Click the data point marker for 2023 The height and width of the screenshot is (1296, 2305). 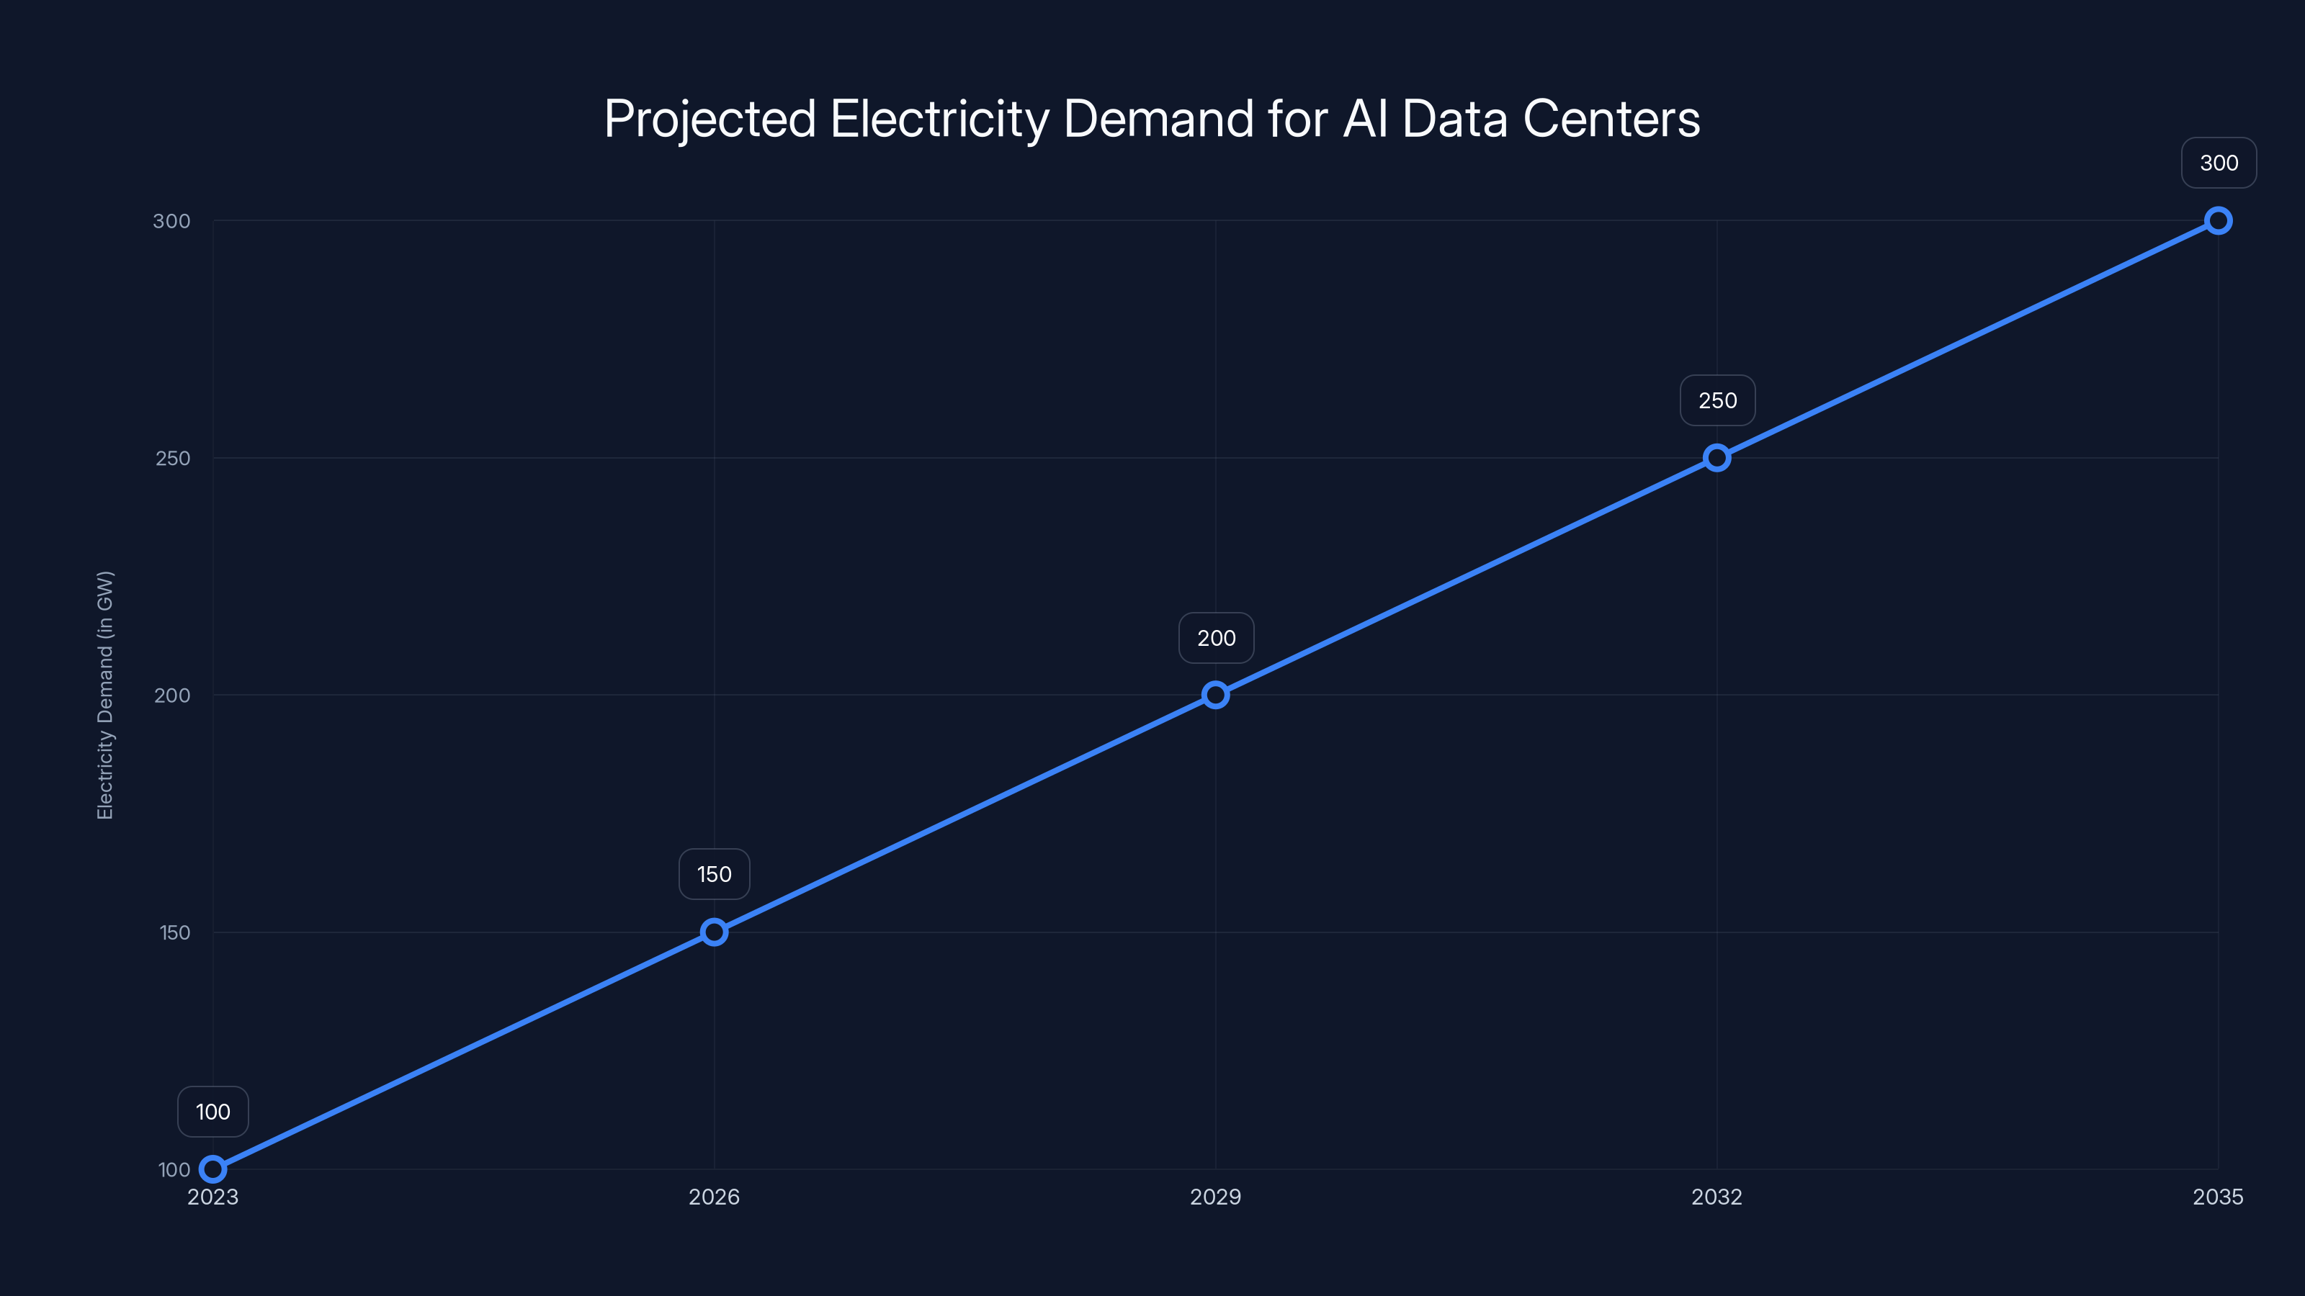[x=213, y=1169]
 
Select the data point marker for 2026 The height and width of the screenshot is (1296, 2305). [x=714, y=932]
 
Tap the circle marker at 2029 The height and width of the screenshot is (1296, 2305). [x=1215, y=695]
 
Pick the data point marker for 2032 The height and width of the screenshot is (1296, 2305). [x=1717, y=458]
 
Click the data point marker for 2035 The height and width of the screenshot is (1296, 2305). [x=2219, y=221]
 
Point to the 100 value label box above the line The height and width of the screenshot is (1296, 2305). [x=213, y=1112]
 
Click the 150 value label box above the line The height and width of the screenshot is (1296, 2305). [x=714, y=874]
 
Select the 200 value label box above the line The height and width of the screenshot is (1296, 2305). [x=1216, y=638]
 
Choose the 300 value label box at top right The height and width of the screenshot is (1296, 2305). [x=2219, y=163]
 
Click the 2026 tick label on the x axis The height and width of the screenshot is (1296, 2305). [x=714, y=1197]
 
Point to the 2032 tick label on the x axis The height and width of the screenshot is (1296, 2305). [x=1717, y=1197]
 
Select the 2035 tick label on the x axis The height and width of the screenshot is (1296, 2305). [x=2217, y=1197]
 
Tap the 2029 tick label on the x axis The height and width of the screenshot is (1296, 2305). [x=1215, y=1197]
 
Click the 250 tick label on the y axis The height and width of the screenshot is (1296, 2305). [x=173, y=458]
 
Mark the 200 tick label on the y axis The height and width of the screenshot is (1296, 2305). [x=173, y=695]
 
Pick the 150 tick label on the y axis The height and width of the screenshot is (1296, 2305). [x=174, y=932]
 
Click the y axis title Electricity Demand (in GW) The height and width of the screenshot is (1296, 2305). [x=106, y=695]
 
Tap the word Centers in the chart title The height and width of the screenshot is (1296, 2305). [x=1611, y=119]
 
